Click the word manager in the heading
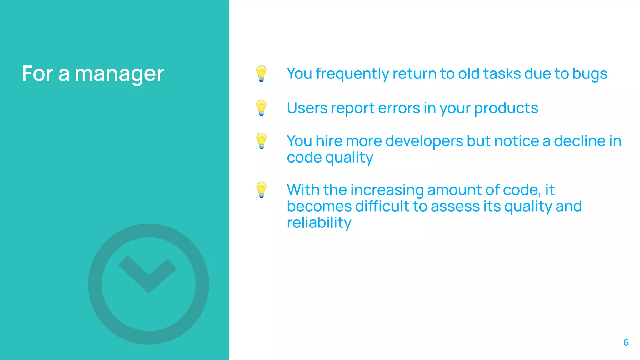(119, 74)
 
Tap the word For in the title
(38, 74)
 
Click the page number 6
(626, 342)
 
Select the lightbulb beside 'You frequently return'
(261, 73)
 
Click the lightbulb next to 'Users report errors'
(261, 108)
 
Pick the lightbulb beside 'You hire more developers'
(261, 141)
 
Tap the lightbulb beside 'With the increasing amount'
(261, 190)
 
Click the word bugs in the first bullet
(590, 74)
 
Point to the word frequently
(352, 74)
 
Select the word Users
(307, 108)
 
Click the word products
(506, 108)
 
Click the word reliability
(319, 223)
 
